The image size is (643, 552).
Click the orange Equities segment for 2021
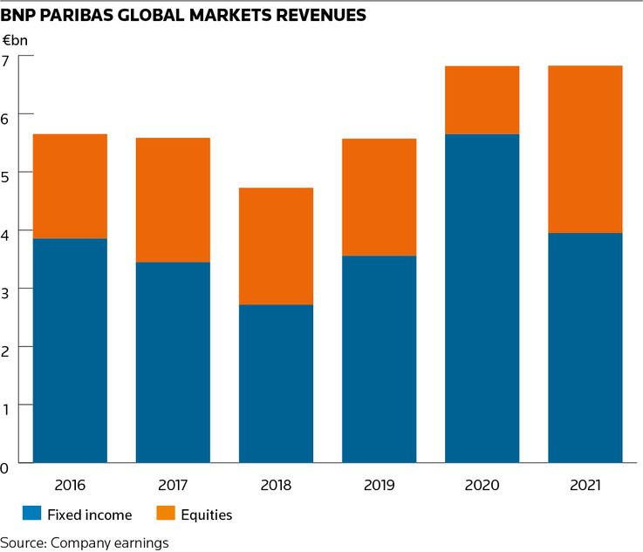pos(585,149)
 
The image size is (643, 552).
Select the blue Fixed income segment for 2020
pos(482,297)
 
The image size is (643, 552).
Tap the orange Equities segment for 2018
pos(276,246)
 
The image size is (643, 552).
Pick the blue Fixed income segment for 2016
pos(70,350)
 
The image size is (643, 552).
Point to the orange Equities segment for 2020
pos(482,99)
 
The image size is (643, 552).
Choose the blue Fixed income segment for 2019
pos(379,358)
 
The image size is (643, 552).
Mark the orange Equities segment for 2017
pos(173,200)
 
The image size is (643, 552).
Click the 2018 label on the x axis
pos(276,485)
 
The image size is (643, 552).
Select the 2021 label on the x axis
pos(585,485)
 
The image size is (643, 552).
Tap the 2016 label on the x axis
pos(70,485)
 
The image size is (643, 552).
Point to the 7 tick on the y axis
pos(6,59)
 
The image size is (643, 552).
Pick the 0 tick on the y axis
pos(6,467)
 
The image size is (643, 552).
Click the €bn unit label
pos(16,40)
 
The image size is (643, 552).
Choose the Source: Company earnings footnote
pos(85,542)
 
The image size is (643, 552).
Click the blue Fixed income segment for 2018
pos(276,383)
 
